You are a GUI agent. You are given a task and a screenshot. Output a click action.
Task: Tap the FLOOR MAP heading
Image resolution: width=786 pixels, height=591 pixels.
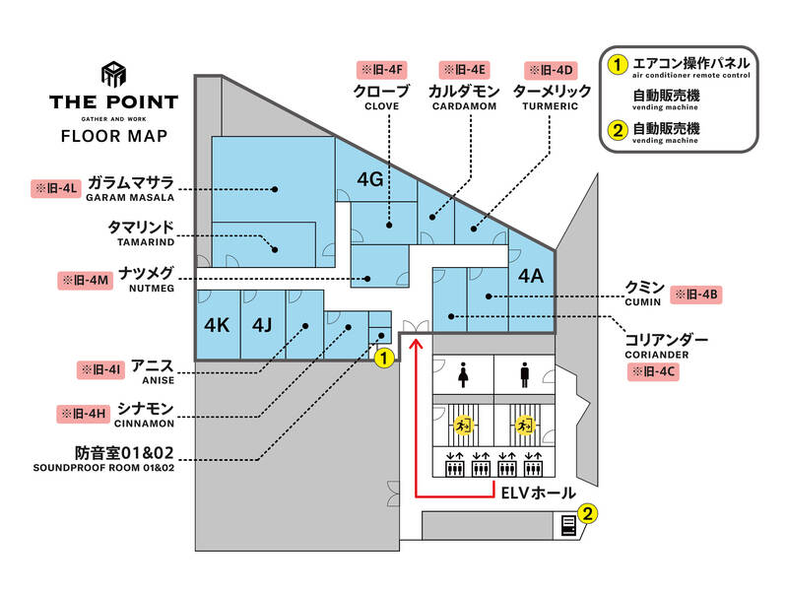[x=114, y=136]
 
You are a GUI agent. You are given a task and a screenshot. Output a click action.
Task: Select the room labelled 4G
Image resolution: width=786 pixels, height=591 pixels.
[x=369, y=179]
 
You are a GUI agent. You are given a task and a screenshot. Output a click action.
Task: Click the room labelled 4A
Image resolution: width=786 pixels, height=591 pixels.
[x=531, y=277]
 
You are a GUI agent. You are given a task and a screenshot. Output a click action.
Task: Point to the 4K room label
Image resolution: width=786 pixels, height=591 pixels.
[x=217, y=324]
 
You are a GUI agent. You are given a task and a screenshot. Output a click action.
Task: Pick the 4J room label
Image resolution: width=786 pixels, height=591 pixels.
[x=261, y=324]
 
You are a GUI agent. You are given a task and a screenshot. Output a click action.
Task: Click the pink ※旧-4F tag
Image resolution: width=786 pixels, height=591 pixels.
[x=380, y=70]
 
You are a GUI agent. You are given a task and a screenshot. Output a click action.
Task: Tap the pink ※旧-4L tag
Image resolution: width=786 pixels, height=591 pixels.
[x=56, y=185]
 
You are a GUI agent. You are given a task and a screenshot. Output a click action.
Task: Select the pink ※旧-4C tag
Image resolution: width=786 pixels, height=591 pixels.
[x=654, y=371]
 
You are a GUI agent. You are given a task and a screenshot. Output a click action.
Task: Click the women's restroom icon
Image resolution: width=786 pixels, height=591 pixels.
[x=462, y=375]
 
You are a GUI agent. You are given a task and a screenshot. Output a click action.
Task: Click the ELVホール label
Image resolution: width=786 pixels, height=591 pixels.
[x=538, y=492]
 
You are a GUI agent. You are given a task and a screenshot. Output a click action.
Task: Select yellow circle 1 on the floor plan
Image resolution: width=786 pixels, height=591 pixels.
[x=384, y=358]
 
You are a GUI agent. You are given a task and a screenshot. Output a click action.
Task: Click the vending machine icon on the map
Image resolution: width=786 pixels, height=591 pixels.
[x=568, y=525]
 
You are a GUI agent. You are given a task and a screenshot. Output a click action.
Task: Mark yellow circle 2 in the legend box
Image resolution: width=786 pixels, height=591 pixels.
[x=618, y=129]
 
